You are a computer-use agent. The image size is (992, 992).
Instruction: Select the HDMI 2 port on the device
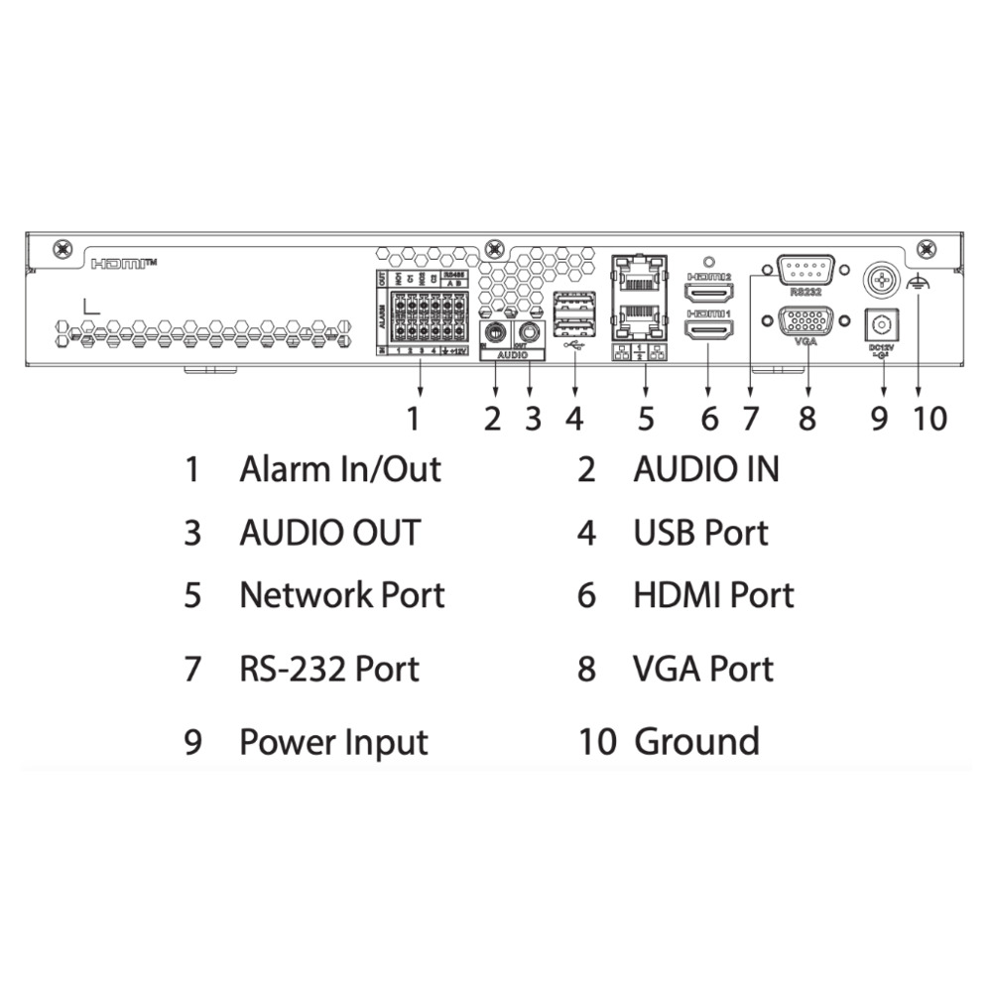pos(709,293)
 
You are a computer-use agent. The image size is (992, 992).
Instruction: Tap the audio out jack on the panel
pos(531,331)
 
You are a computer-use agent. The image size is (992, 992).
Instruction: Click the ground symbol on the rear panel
pos(919,283)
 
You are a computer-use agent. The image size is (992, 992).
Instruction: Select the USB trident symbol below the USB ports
pos(573,346)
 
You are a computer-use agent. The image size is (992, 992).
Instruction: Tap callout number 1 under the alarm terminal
pos(414,419)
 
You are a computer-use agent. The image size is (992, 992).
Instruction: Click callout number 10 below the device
pos(930,419)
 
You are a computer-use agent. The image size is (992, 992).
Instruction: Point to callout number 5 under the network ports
pos(646,419)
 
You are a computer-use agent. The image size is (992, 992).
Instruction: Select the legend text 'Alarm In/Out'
pos(339,468)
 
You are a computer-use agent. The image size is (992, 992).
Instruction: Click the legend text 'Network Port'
pos(341,595)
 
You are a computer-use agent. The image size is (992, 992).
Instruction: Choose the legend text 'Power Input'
pos(333,742)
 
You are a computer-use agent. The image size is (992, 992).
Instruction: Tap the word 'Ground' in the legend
pos(696,741)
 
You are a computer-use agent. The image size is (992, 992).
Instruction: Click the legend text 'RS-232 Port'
pos(329,669)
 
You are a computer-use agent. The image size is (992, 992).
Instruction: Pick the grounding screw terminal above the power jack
pos(879,280)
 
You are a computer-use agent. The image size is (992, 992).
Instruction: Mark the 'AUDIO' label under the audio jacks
pos(513,353)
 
